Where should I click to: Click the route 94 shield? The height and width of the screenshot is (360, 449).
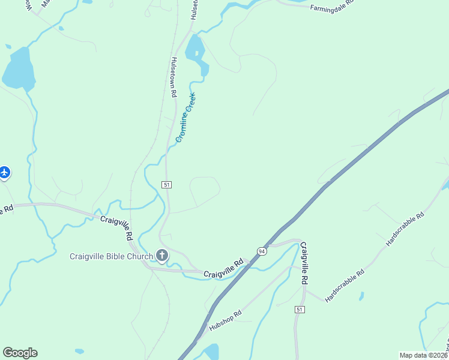[x=262, y=251]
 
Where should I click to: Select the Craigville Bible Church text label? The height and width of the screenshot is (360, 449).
[x=112, y=256]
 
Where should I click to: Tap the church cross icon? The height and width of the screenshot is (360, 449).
[x=161, y=256]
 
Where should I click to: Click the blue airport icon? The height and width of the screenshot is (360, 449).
[x=4, y=173]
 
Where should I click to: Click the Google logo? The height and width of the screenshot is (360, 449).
[x=20, y=353]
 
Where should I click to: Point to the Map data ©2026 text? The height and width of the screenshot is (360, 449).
[x=424, y=355]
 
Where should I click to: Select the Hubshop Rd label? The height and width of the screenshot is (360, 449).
[x=225, y=320]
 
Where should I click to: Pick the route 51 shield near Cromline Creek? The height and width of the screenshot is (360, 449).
[x=166, y=184]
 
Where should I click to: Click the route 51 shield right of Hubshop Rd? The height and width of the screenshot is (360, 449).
[x=299, y=308]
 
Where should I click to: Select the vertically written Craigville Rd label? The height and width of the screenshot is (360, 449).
[x=304, y=263]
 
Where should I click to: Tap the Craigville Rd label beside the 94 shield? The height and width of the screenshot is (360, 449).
[x=223, y=269]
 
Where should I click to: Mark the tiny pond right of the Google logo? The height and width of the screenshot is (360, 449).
[x=79, y=351]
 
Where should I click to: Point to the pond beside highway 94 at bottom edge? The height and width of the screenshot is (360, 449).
[x=211, y=352]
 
